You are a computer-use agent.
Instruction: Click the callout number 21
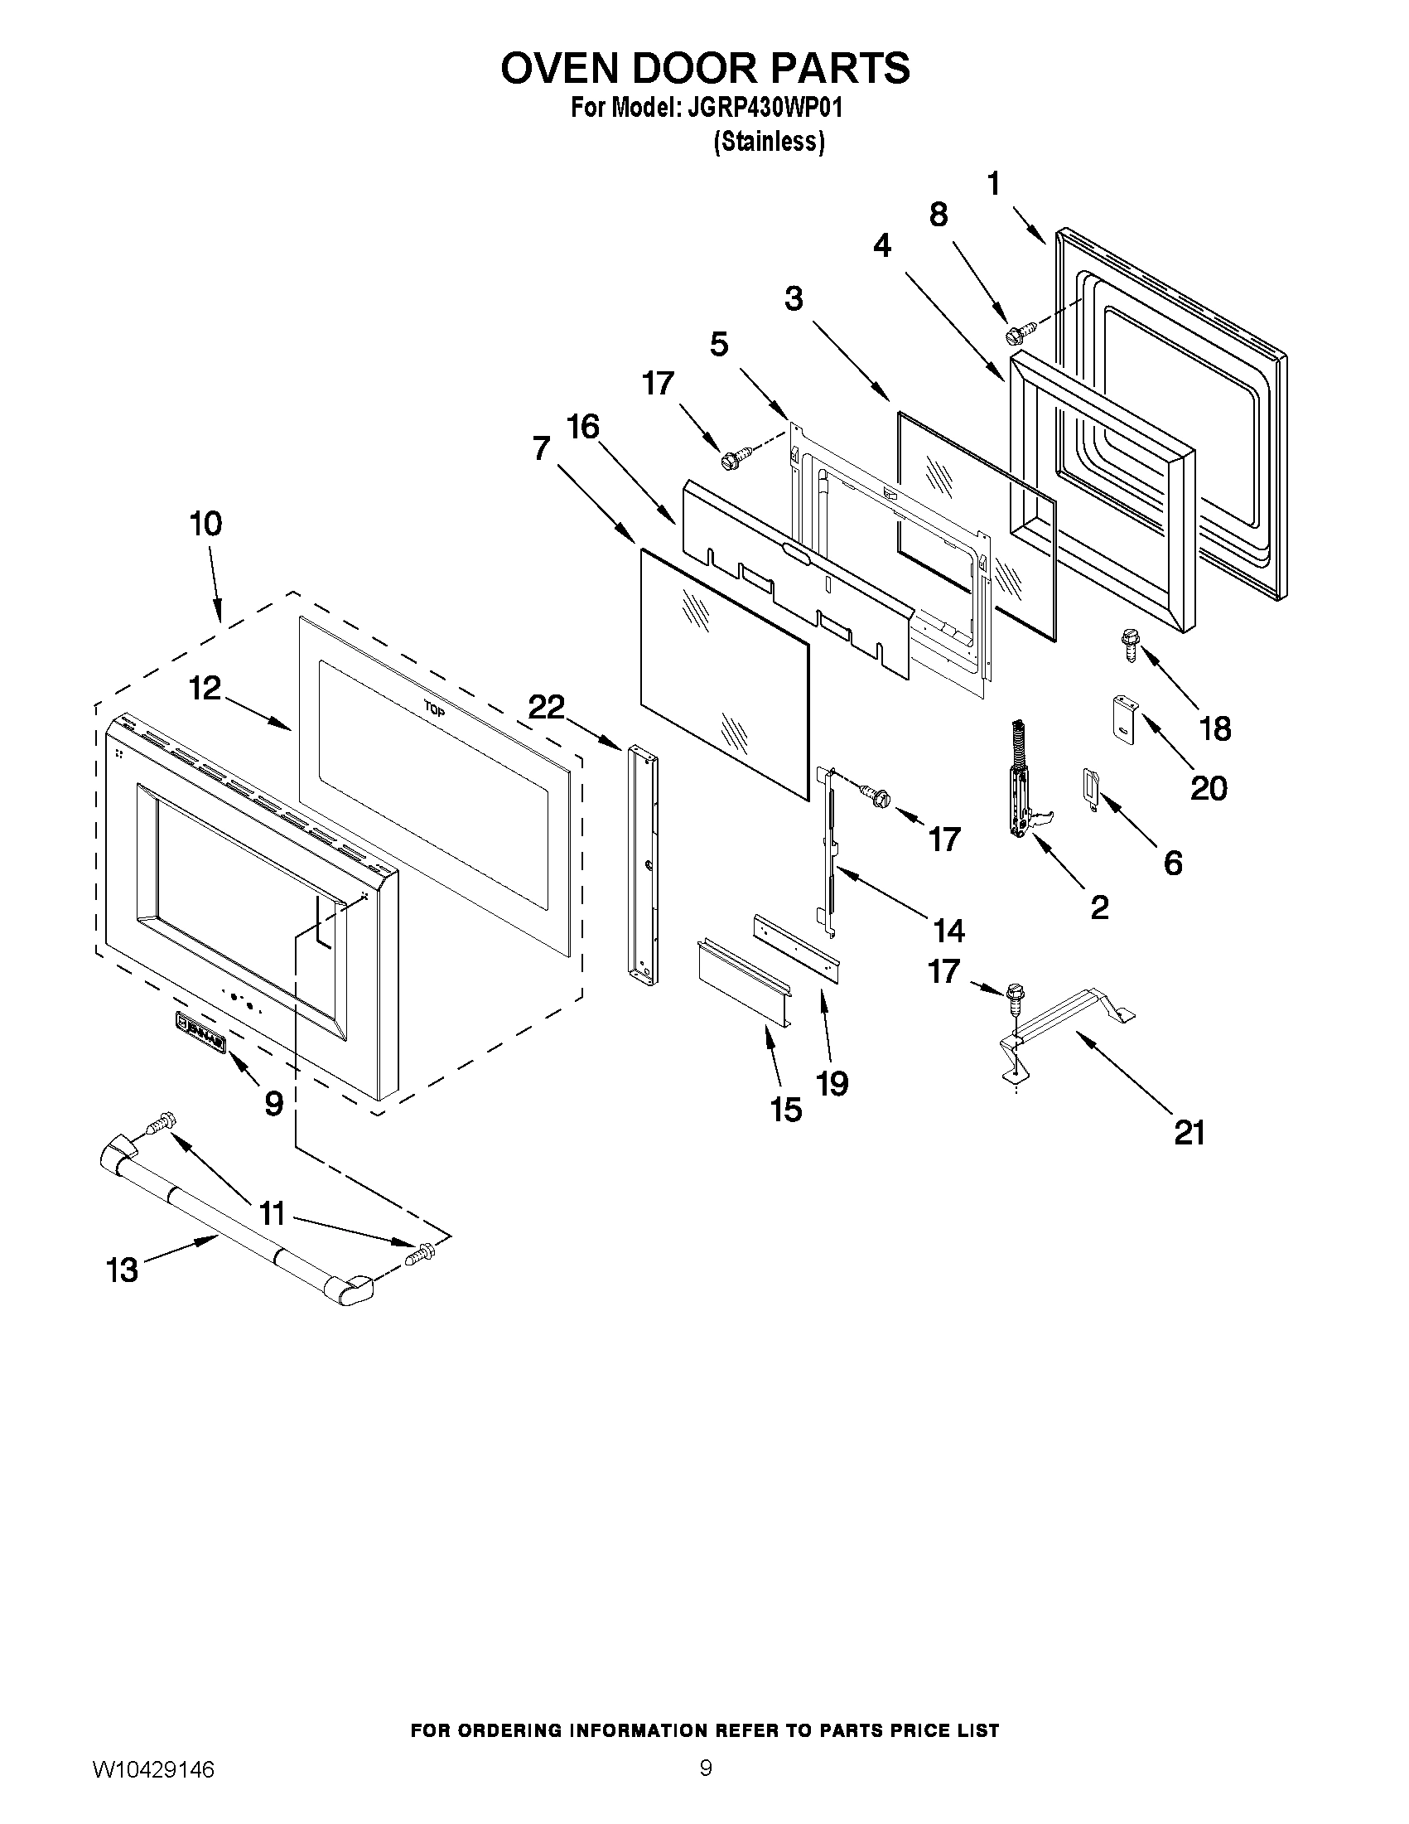[1189, 1133]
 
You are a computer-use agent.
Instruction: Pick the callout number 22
[546, 707]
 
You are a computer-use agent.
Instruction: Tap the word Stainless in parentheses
[769, 142]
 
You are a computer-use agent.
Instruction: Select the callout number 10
[205, 525]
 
